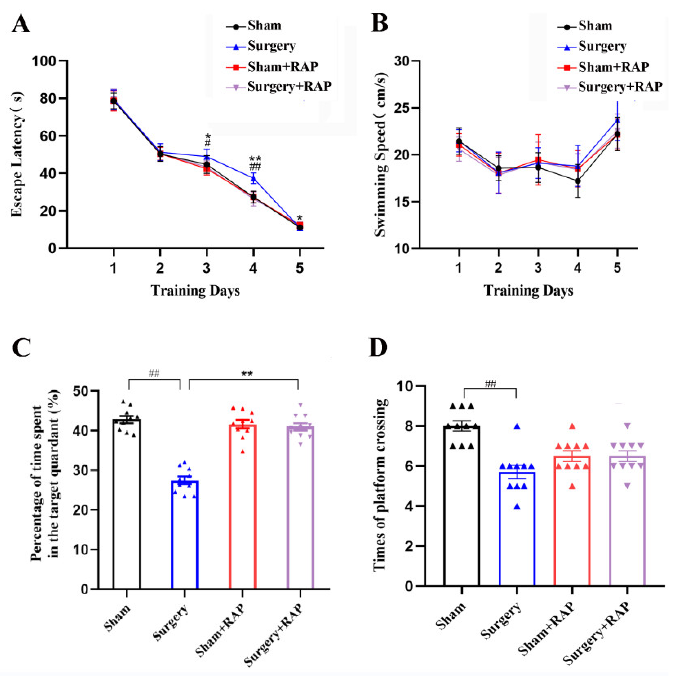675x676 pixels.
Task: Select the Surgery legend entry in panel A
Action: (x=271, y=46)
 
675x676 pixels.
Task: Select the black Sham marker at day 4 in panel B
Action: (x=578, y=181)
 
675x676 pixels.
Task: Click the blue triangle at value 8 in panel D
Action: (x=517, y=427)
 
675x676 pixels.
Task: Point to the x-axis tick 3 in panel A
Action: (x=206, y=268)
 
